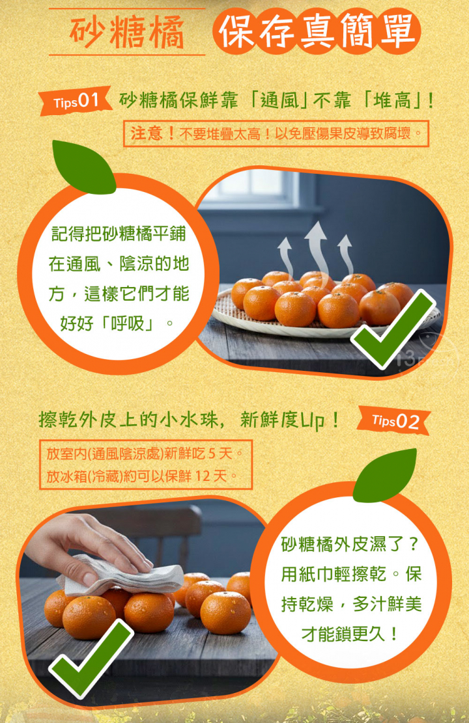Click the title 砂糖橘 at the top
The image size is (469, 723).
coord(127,33)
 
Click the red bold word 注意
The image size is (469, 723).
coord(147,133)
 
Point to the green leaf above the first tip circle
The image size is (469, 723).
coord(83,167)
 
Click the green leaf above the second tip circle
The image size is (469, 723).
coord(385,476)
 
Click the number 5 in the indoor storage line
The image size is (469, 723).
coord(212,454)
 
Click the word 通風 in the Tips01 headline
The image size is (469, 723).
coord(279,100)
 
